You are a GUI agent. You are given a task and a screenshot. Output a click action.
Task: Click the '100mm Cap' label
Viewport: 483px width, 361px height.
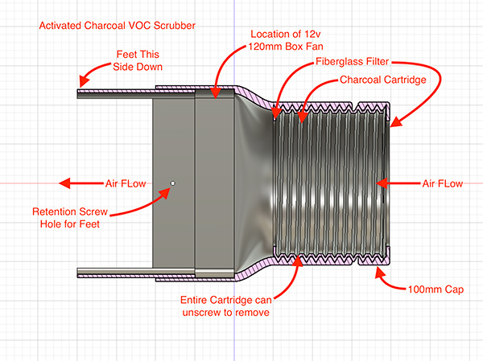(435, 288)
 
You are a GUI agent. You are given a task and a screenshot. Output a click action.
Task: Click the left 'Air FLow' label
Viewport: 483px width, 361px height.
(126, 183)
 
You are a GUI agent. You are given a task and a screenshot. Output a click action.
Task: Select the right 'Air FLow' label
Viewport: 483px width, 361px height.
(443, 183)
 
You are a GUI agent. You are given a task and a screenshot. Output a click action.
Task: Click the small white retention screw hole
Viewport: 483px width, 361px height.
(172, 183)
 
